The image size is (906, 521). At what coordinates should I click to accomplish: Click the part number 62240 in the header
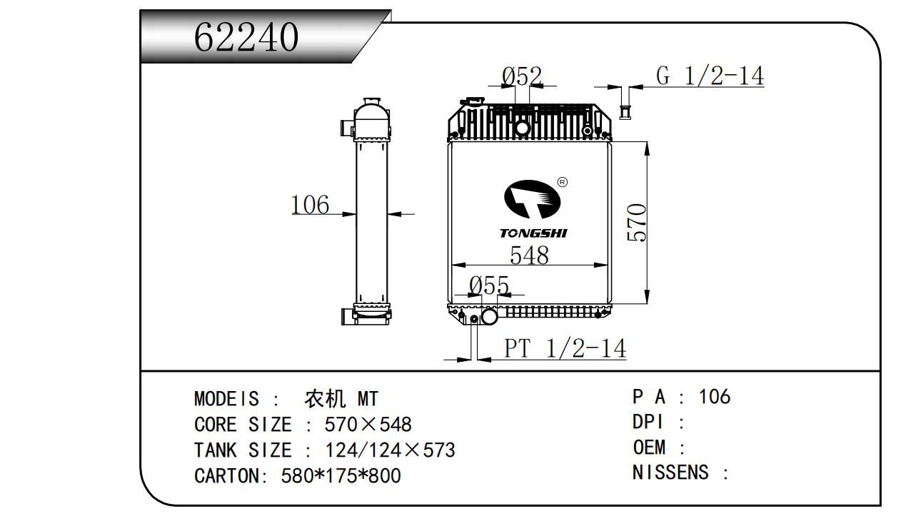click(246, 37)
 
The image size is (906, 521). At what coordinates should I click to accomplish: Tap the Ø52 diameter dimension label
click(522, 76)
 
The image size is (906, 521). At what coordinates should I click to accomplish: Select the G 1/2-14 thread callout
click(710, 76)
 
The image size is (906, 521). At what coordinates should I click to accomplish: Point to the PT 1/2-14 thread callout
click(565, 348)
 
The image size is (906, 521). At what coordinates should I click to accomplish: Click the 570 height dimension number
click(637, 222)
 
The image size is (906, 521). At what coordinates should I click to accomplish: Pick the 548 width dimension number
click(529, 255)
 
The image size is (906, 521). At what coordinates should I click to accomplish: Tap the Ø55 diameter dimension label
click(488, 285)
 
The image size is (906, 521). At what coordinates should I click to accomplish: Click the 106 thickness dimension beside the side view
click(310, 205)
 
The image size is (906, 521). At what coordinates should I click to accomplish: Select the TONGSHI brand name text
click(533, 233)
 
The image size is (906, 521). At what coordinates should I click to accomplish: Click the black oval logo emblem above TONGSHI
click(533, 200)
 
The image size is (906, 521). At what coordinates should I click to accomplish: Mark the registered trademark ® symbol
click(562, 182)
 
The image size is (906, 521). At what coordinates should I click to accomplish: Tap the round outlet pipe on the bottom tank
click(489, 316)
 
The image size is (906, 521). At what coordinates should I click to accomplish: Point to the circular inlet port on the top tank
click(522, 128)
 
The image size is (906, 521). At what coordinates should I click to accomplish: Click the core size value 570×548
click(368, 425)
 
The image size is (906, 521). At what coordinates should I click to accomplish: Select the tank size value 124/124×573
click(390, 450)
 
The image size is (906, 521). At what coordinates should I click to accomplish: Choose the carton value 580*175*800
click(341, 476)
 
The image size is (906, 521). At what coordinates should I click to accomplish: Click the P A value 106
click(715, 397)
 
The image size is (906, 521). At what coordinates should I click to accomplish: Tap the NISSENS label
click(670, 472)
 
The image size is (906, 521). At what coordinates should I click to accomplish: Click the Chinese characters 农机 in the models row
click(325, 398)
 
